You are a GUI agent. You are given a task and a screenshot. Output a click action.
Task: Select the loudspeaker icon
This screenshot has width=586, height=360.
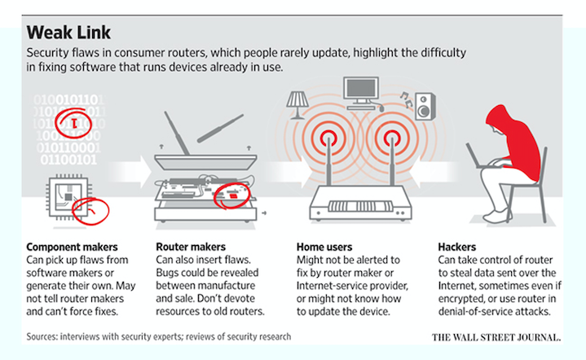(x=423, y=105)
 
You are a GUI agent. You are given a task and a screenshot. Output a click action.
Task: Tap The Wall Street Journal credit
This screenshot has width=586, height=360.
(x=497, y=336)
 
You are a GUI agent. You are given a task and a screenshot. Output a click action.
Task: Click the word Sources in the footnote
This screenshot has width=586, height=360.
(x=46, y=336)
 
